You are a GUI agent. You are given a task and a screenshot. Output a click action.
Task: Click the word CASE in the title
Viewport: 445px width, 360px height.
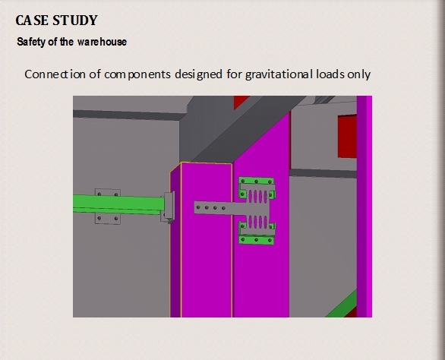[x=32, y=21]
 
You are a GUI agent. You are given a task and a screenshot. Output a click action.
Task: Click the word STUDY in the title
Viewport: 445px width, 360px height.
[x=75, y=21]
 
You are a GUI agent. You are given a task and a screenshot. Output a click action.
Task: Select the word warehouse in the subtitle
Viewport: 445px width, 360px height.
[x=103, y=42]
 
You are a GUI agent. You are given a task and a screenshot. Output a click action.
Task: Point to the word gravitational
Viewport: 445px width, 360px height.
[x=279, y=74]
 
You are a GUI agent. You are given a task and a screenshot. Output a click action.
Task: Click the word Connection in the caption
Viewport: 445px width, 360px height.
[x=55, y=74]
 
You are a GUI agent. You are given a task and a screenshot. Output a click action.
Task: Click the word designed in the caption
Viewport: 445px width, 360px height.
[x=198, y=74]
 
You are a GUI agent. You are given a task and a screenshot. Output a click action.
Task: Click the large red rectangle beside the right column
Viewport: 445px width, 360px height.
[x=347, y=136]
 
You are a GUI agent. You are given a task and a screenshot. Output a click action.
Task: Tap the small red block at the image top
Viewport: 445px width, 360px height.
[x=241, y=102]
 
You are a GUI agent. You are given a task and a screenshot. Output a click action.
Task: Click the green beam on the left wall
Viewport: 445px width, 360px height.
[x=118, y=204]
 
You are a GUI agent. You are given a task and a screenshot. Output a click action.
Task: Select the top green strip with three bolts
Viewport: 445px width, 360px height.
[x=257, y=181]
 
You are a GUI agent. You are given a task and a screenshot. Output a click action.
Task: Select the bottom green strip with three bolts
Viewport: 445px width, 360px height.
[x=257, y=240]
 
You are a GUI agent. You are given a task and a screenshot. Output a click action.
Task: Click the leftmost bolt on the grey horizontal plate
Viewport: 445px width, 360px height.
[x=198, y=207]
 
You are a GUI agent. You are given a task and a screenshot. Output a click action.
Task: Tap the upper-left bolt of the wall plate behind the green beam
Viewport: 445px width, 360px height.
[x=99, y=194]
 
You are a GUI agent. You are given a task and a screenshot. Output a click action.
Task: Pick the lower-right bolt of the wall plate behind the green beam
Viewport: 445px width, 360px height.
[x=115, y=218]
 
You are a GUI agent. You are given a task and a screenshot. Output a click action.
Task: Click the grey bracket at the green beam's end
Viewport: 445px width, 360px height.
[x=169, y=205]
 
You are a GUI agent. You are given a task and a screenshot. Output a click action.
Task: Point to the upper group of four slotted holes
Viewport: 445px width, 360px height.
[x=258, y=196]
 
